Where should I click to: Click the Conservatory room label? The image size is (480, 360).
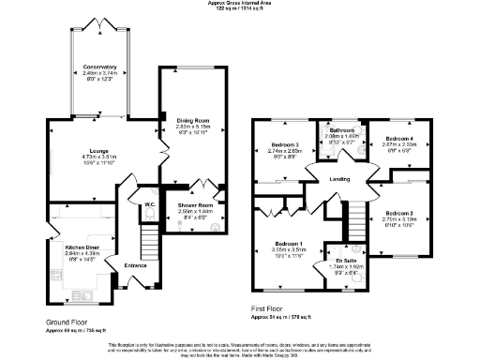tap(98, 67)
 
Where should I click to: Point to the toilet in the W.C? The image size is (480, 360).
tap(150, 214)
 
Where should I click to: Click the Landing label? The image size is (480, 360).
tap(326, 180)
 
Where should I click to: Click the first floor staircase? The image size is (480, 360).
tap(354, 220)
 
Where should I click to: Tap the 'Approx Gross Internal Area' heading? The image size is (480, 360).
tap(241, 3)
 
